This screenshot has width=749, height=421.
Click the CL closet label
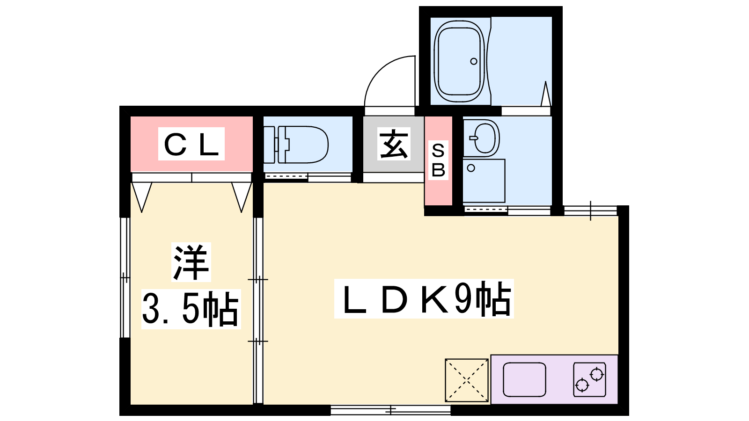tap(191, 144)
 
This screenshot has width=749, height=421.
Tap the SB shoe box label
tap(438, 160)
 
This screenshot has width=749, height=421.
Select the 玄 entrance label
tap(394, 144)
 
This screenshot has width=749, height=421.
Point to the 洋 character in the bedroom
tap(191, 262)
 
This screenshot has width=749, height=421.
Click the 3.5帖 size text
tap(191, 309)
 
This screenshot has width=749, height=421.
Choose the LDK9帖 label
tap(424, 298)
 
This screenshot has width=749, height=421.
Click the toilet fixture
tap(296, 145)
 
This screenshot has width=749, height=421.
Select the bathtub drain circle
tap(473, 61)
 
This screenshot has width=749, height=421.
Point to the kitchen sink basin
tap(524, 380)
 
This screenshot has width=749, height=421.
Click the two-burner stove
tap(589, 379)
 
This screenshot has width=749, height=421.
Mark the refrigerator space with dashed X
tap(466, 380)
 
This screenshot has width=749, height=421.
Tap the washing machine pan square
tap(484, 181)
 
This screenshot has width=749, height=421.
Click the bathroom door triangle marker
tap(546, 94)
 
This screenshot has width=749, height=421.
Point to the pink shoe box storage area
tap(438, 161)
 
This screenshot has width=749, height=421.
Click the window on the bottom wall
tap(390, 410)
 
